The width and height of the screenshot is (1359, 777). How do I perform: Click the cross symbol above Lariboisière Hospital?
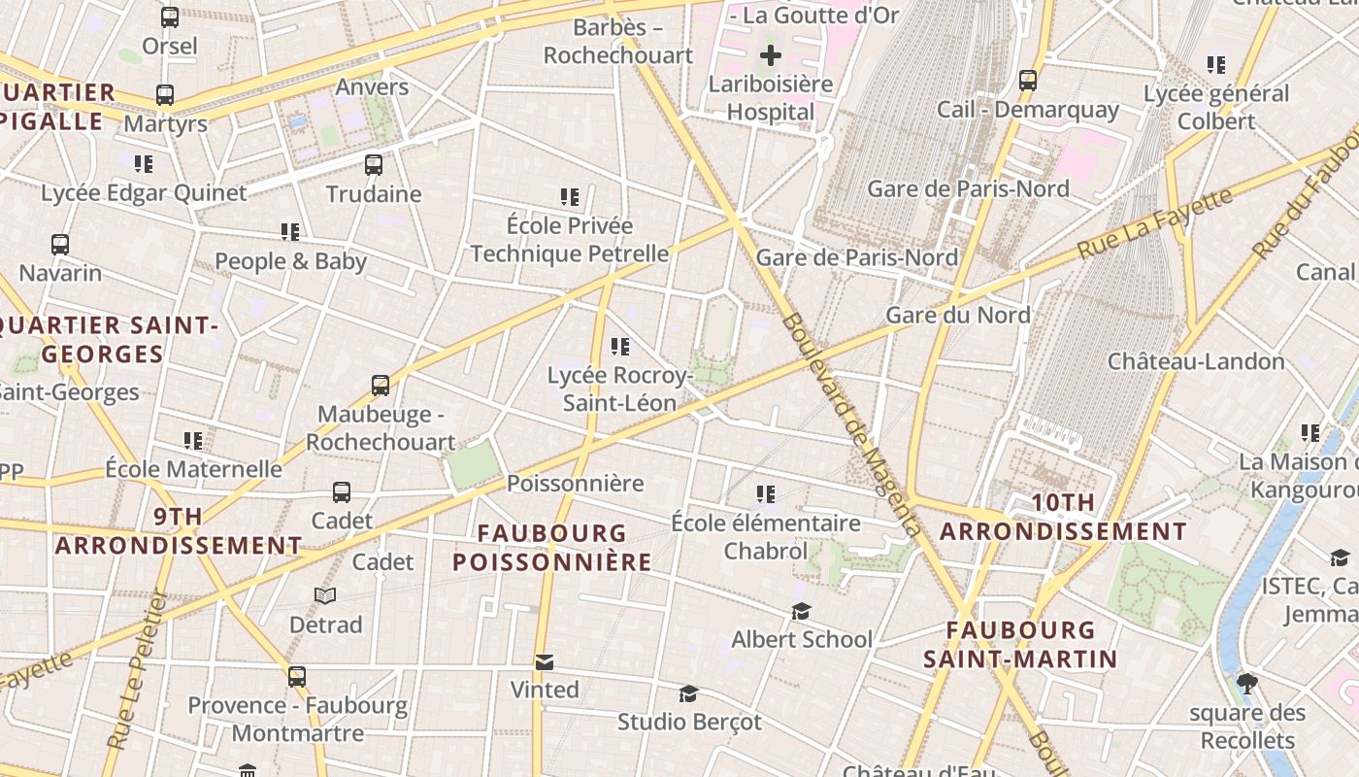pos(770,55)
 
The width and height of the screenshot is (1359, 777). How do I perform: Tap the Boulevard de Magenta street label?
pos(850,424)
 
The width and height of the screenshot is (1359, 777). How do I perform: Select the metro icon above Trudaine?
pos(374,164)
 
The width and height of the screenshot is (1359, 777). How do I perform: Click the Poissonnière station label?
pos(576,484)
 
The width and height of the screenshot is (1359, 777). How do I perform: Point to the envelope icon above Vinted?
pos(545,662)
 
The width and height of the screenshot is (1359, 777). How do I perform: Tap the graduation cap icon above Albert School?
pos(801,611)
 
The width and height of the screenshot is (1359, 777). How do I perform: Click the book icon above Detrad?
pos(325,595)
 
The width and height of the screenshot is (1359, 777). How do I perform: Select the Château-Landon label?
pos(1196,361)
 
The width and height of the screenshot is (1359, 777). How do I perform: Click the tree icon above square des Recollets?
pos(1247,684)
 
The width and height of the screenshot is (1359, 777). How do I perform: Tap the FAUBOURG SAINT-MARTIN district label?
pos(1020,645)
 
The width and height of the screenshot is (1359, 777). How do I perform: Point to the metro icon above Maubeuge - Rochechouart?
pos(381,386)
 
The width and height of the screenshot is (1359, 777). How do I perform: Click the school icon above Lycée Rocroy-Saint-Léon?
pos(620,347)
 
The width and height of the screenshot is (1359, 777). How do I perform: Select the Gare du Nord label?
pos(958,315)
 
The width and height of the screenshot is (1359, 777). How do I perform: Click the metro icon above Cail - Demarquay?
pos(1028,81)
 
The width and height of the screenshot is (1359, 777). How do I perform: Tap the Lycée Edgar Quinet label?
pos(144,192)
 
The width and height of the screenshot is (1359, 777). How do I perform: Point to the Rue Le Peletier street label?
pos(139,670)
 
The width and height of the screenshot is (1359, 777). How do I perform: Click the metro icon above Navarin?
pos(60,245)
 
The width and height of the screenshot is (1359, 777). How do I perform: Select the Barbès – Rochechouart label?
pos(618,41)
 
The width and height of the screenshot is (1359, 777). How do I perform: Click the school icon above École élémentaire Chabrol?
pos(766,494)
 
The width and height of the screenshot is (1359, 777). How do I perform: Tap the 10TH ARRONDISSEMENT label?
pos(1063,518)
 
